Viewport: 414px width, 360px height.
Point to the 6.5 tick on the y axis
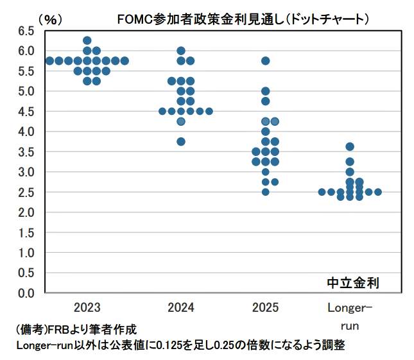coord(26,30)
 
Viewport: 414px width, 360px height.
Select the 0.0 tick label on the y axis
coord(26,293)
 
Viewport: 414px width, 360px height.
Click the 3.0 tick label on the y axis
coord(26,172)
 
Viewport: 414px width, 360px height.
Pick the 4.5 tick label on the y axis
coord(26,111)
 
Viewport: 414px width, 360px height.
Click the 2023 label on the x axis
coord(87,307)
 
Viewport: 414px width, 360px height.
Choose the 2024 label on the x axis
coord(181,307)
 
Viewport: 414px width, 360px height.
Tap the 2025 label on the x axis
coord(265,307)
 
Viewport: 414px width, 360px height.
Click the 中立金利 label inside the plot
coord(353,282)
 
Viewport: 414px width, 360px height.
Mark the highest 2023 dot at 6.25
coord(87,40)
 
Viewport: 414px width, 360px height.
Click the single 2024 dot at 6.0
coord(181,51)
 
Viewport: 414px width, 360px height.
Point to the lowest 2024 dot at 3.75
coord(181,142)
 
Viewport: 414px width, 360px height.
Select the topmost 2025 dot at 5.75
coord(265,61)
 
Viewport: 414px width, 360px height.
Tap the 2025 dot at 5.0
coord(265,91)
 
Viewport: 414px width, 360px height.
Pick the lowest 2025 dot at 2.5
coord(265,192)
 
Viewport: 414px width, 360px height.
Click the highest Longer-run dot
coord(350,146)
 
